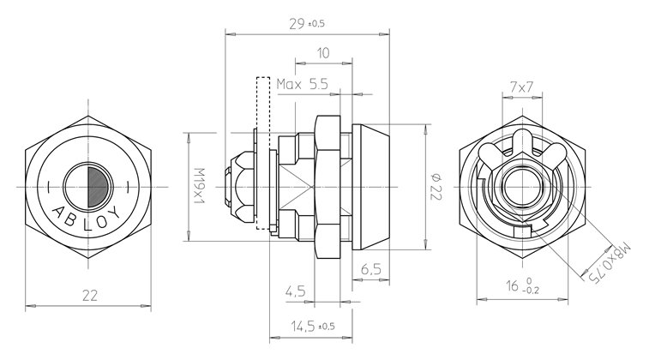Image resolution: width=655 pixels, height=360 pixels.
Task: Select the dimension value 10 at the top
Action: click(x=323, y=53)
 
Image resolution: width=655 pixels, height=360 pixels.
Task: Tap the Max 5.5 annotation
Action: click(x=303, y=84)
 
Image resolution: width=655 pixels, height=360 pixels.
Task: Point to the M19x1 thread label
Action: click(x=196, y=186)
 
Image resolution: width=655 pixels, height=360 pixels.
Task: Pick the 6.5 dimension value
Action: click(x=371, y=269)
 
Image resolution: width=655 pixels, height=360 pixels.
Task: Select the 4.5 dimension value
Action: click(x=296, y=291)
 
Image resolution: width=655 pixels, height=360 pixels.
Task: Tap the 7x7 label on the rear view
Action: click(x=520, y=87)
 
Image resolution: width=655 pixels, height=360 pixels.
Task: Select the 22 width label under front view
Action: click(x=89, y=295)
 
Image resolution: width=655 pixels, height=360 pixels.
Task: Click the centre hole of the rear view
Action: click(x=520, y=185)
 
